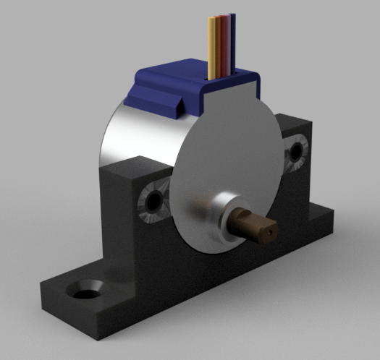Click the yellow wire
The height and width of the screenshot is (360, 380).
tap(211, 47)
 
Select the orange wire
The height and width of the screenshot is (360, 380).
tap(217, 45)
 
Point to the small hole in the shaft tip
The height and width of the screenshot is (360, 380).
tap(269, 233)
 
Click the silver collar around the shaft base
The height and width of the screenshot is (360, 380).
tap(217, 213)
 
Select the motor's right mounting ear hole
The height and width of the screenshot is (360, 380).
tap(295, 153)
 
